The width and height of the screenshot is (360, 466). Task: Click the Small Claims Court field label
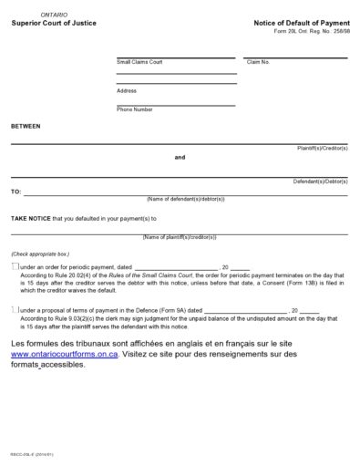138,63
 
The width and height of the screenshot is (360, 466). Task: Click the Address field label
127,90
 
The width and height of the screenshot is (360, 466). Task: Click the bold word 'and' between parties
180,157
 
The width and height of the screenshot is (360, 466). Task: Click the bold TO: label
15,192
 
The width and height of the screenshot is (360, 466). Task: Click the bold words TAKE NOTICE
31,219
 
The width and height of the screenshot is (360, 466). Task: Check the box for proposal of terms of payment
15,310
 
